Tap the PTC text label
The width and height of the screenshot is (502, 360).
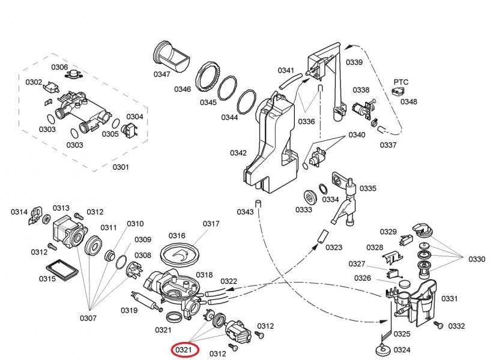pyautogui.click(x=401, y=81)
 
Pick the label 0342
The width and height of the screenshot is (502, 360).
pyautogui.click(x=238, y=153)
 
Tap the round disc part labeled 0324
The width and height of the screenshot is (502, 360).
pyautogui.click(x=381, y=347)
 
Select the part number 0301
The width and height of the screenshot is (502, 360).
pyautogui.click(x=121, y=166)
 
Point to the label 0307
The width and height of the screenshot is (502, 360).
pyautogui.click(x=88, y=318)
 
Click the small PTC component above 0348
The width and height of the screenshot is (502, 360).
pyautogui.click(x=396, y=91)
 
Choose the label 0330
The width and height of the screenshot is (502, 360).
pyautogui.click(x=477, y=259)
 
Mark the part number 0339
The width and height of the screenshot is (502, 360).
pyautogui.click(x=354, y=62)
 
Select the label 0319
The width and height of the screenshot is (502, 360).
pyautogui.click(x=129, y=310)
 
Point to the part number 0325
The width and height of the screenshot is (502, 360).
pyautogui.click(x=402, y=334)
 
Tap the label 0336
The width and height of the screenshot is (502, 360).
pyautogui.click(x=306, y=121)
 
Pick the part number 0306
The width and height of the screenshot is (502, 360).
pyautogui.click(x=59, y=67)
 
